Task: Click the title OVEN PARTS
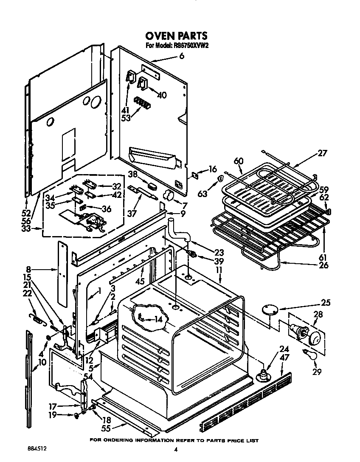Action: click(177, 35)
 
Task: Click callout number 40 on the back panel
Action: click(162, 95)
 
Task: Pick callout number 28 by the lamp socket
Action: click(318, 315)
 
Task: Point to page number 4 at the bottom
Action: click(175, 450)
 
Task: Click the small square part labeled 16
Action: click(196, 174)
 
